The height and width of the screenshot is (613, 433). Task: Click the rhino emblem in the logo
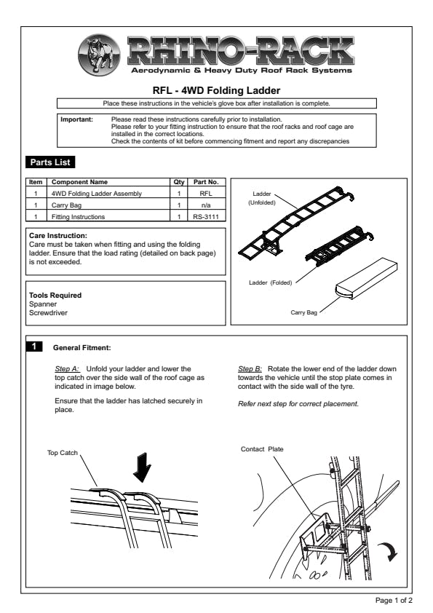click(x=99, y=55)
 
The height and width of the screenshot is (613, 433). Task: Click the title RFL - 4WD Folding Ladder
click(x=217, y=91)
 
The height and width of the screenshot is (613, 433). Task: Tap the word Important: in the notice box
click(x=77, y=119)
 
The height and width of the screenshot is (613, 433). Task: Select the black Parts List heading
click(x=50, y=162)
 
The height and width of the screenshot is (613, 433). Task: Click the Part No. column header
click(x=206, y=182)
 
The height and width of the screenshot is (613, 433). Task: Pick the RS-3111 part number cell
click(x=206, y=217)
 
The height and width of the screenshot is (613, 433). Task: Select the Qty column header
click(x=179, y=182)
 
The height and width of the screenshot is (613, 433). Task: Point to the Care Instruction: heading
click(x=58, y=236)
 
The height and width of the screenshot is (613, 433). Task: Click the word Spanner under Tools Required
click(x=43, y=304)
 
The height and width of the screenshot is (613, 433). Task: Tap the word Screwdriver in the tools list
click(x=48, y=313)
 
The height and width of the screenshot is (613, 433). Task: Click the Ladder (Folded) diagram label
click(x=271, y=282)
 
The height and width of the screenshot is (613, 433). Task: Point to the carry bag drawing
click(x=366, y=278)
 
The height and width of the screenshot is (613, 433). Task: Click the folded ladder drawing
click(x=339, y=245)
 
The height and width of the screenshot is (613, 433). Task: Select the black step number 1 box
click(x=34, y=347)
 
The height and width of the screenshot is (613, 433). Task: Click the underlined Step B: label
click(x=250, y=369)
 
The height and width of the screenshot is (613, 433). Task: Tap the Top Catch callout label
click(x=63, y=453)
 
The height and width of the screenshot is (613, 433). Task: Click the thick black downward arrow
click(x=142, y=468)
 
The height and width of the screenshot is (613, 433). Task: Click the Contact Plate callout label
click(x=262, y=449)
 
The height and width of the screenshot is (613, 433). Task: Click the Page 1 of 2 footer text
click(x=394, y=600)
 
